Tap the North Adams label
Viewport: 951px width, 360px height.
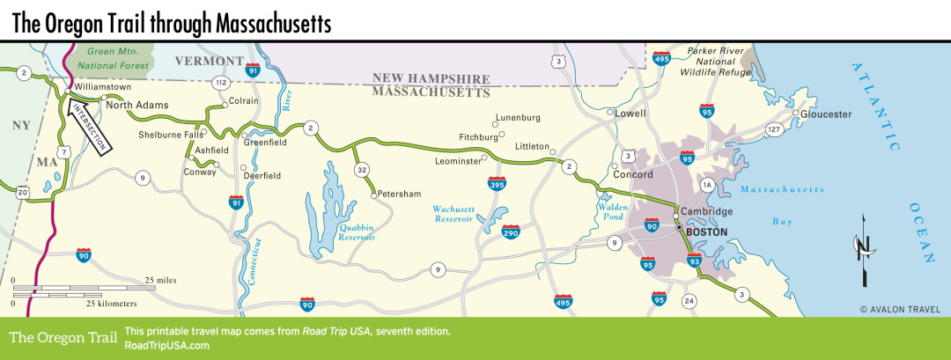(136, 105)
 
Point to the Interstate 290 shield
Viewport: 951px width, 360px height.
(511, 231)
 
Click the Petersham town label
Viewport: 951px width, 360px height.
(399, 194)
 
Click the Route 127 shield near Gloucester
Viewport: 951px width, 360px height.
(774, 130)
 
